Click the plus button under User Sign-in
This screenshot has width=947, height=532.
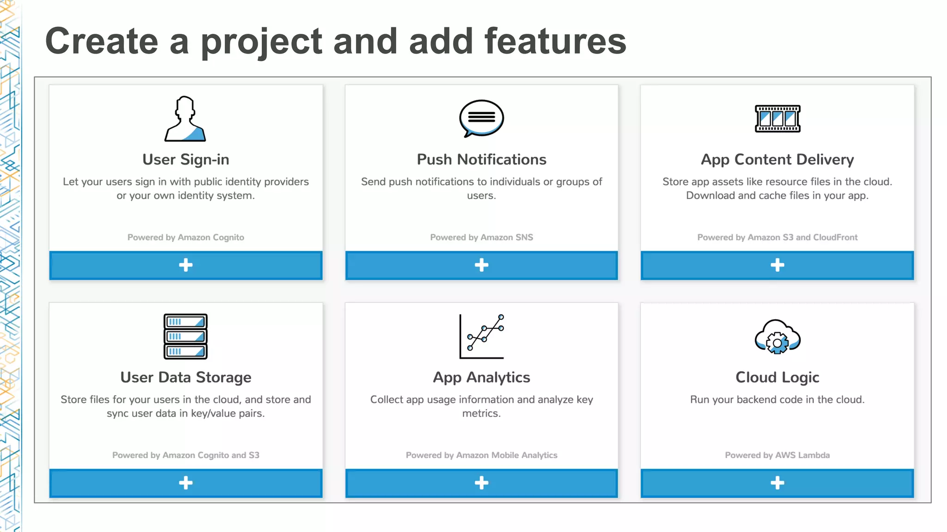click(x=185, y=265)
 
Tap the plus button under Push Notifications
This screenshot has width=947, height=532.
click(x=481, y=265)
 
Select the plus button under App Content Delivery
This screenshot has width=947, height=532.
click(x=777, y=265)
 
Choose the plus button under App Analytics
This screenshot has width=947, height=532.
click(x=481, y=483)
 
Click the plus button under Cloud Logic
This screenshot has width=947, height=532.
click(x=777, y=483)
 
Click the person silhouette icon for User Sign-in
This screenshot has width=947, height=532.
click(x=185, y=119)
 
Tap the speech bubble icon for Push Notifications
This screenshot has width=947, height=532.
click(x=481, y=118)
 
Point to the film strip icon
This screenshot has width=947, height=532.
click(x=777, y=119)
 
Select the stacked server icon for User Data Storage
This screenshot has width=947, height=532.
click(x=185, y=336)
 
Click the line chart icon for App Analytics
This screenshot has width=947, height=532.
click(x=481, y=336)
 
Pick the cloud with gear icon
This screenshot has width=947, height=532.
click(x=777, y=337)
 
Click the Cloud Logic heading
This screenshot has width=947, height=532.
click(x=777, y=377)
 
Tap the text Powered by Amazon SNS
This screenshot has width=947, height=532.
click(x=481, y=237)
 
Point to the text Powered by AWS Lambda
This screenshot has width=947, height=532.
click(x=777, y=455)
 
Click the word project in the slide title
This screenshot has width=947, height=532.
click(x=261, y=42)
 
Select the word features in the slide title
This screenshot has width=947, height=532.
click(x=555, y=42)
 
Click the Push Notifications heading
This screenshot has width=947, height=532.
click(x=481, y=159)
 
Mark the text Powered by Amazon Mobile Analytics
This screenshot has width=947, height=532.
click(x=481, y=455)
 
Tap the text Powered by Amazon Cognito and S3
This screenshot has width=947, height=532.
click(x=185, y=455)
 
